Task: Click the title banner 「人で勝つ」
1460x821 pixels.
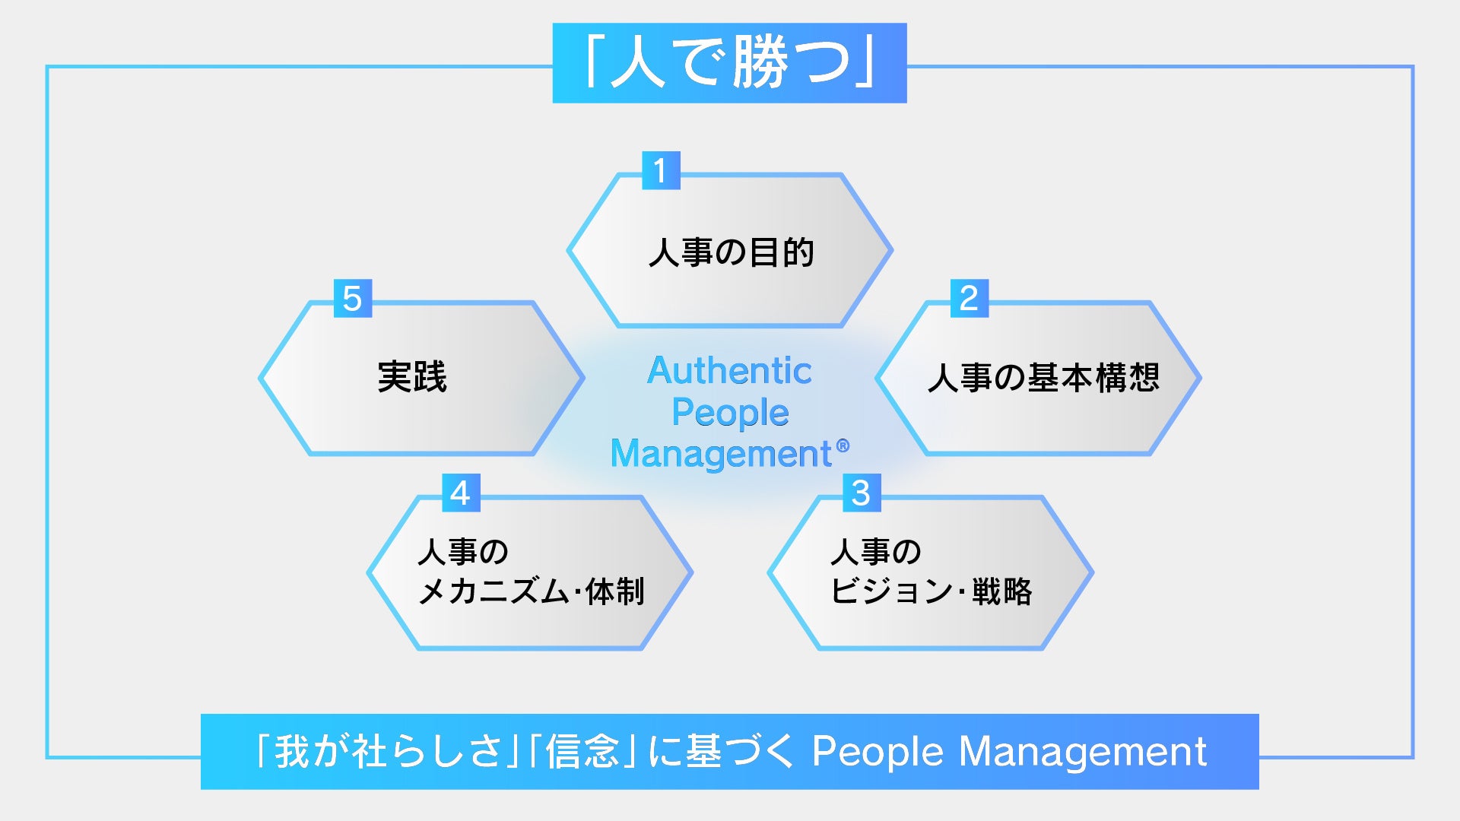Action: pos(729,63)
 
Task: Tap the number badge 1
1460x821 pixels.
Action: pos(660,170)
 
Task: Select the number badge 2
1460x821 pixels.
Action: pos(969,298)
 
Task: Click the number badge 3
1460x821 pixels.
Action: pos(861,493)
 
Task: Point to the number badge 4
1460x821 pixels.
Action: pos(460,493)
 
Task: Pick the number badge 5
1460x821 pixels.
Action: pos(352,298)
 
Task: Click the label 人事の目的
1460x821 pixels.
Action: pos(731,252)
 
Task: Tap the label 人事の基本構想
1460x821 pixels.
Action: pos(1043,378)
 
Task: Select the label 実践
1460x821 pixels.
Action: pos(412,377)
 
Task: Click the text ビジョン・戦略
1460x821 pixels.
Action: pos(932,591)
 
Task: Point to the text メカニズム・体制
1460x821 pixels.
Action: pos(532,591)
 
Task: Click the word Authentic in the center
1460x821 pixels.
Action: pos(730,371)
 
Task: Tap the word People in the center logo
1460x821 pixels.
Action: pos(730,413)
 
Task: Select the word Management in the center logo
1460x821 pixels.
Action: pos(721,454)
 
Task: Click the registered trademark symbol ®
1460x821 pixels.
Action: pos(843,445)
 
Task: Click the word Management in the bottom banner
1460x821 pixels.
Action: pos(1083,752)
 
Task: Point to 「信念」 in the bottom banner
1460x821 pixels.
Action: pos(582,752)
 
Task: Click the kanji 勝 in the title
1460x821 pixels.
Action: pos(761,63)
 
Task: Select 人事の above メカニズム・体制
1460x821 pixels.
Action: pos(462,552)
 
